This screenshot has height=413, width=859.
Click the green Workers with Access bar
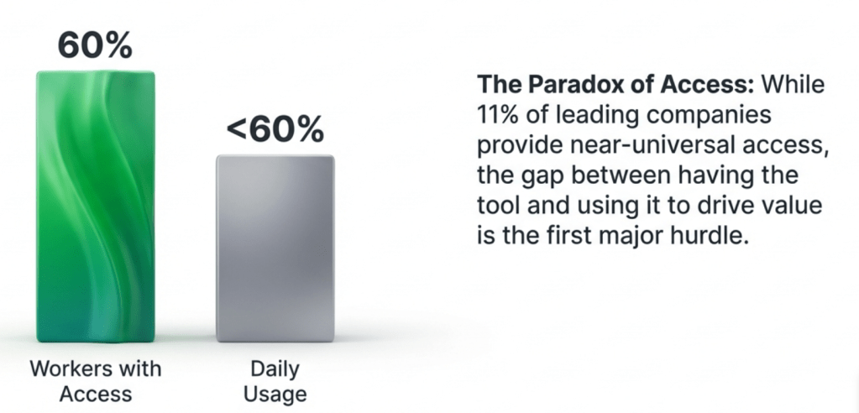pyautogui.click(x=96, y=206)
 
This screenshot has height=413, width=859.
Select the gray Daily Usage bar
pyautogui.click(x=275, y=248)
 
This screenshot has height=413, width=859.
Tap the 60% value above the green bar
pyautogui.click(x=95, y=45)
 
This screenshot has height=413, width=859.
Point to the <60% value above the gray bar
pyautogui.click(x=275, y=130)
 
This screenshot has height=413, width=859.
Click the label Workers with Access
pyautogui.click(x=96, y=381)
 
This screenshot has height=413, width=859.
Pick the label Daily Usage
pyautogui.click(x=275, y=381)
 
